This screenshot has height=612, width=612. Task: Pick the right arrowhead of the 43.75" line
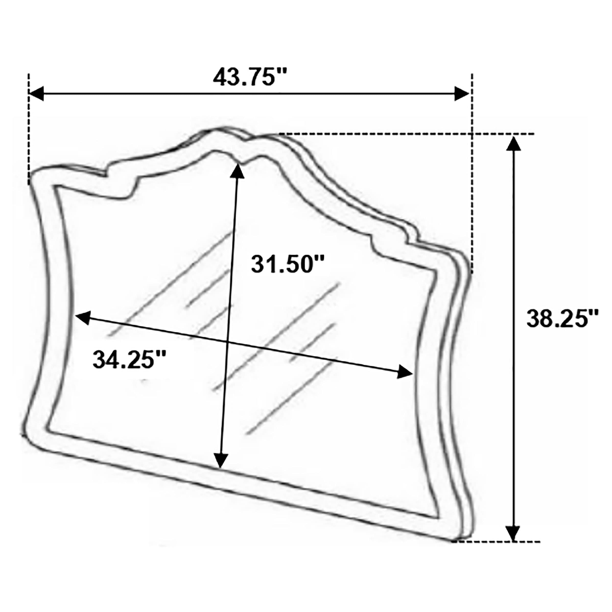pyautogui.click(x=462, y=94)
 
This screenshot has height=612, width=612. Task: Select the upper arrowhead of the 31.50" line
pyautogui.click(x=237, y=171)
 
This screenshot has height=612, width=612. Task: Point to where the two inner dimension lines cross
pyautogui.click(x=227, y=342)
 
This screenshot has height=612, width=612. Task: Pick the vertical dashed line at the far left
pyautogui.click(x=29, y=130)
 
